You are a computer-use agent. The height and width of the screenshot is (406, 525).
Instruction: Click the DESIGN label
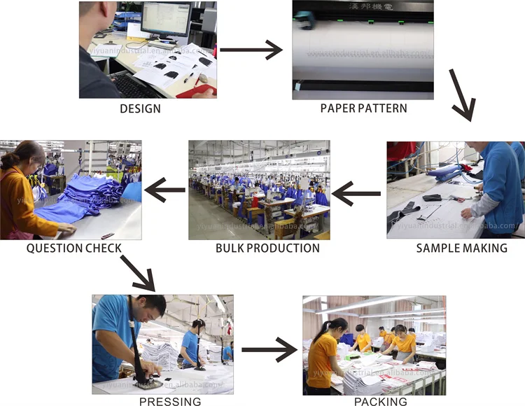(140, 108)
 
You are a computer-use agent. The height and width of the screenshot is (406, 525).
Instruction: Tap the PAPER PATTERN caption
(363, 108)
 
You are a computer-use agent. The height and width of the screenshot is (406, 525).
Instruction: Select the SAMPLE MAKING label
(461, 248)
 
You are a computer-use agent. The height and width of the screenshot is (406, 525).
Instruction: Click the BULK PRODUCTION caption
(267, 248)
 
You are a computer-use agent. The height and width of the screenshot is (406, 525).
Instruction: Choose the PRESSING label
(170, 401)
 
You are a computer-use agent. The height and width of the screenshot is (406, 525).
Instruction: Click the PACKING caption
(381, 401)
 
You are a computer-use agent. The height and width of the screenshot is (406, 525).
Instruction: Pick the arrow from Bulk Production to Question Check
(164, 189)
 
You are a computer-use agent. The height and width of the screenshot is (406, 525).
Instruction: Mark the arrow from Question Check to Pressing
(138, 272)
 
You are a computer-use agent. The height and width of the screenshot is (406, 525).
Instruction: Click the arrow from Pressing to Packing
(269, 349)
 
